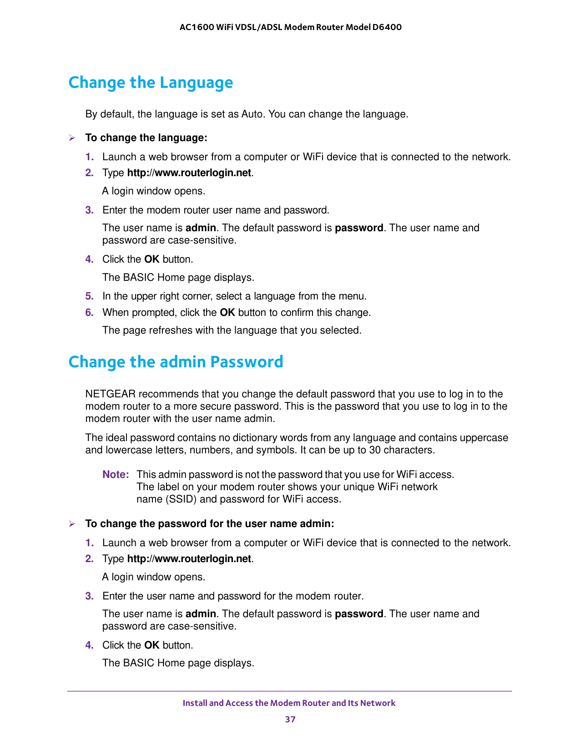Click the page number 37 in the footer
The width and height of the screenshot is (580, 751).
tap(290, 719)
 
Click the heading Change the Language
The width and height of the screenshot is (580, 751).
tap(151, 82)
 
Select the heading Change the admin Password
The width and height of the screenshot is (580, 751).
tap(176, 362)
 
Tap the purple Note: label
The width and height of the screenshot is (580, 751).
tap(116, 474)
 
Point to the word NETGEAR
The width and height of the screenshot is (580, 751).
tap(111, 394)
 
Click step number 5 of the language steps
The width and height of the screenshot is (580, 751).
tap(89, 296)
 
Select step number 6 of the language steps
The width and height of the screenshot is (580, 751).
tap(89, 313)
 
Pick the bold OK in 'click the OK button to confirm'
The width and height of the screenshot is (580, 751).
tap(227, 313)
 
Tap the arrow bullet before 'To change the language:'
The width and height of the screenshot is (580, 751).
tap(72, 138)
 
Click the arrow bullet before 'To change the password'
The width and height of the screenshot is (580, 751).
tap(72, 524)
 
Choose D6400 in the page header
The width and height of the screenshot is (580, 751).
tap(387, 27)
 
